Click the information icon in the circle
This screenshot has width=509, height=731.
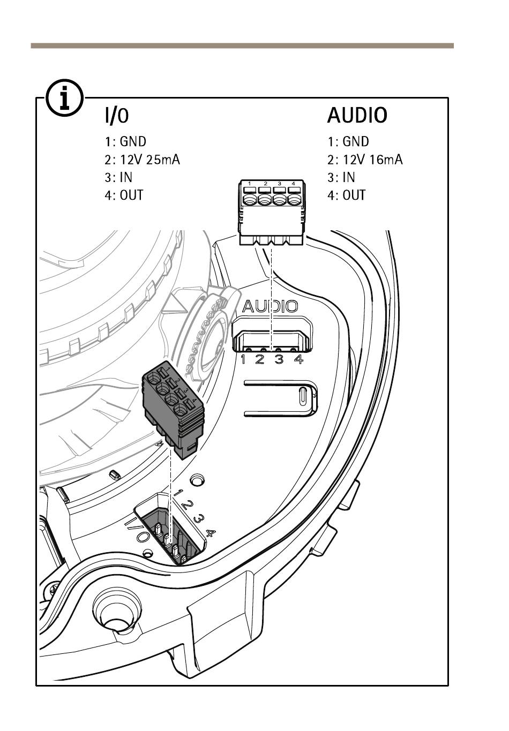pos(64,97)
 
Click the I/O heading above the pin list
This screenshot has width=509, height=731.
pos(117,115)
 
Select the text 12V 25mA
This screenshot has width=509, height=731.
pos(150,160)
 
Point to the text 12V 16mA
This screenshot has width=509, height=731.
pos(373,160)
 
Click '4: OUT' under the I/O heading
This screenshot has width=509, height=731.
pos(124,195)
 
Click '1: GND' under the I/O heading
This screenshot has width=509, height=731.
pos(126,141)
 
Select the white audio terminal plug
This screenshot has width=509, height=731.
pos(272,212)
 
